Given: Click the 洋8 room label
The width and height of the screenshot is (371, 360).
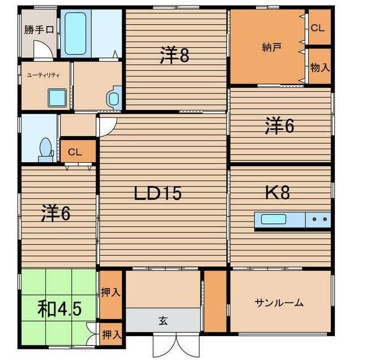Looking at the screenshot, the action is click(x=174, y=55).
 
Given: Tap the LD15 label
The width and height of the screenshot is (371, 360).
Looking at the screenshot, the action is click(x=158, y=193).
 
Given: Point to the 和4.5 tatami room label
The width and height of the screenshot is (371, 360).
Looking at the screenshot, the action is click(x=59, y=309).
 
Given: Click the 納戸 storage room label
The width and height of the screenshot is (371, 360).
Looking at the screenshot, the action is click(x=271, y=48).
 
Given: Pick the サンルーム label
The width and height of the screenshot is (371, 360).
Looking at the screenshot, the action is click(x=279, y=302).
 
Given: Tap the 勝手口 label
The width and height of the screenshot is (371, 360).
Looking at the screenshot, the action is click(x=39, y=30).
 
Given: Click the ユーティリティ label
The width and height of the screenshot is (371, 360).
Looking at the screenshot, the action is click(x=43, y=75).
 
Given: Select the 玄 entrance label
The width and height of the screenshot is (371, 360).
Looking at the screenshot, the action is click(x=163, y=321).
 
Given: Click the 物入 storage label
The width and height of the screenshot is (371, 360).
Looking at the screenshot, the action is click(x=319, y=67).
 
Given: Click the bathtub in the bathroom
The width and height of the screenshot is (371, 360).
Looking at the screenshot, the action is click(x=75, y=33).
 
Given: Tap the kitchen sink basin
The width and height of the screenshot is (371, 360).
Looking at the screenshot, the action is click(x=273, y=219).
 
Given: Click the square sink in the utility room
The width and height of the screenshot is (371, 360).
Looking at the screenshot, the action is click(x=57, y=98).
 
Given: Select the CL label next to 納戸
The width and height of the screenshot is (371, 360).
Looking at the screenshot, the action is click(x=318, y=28).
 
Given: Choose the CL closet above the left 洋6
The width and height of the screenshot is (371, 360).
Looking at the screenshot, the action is click(x=78, y=151).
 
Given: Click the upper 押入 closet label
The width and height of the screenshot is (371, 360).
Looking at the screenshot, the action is click(x=110, y=293).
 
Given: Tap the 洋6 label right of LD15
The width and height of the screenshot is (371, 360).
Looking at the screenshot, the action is click(x=279, y=125).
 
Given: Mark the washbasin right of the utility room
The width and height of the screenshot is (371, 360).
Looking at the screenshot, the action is click(x=114, y=98).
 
